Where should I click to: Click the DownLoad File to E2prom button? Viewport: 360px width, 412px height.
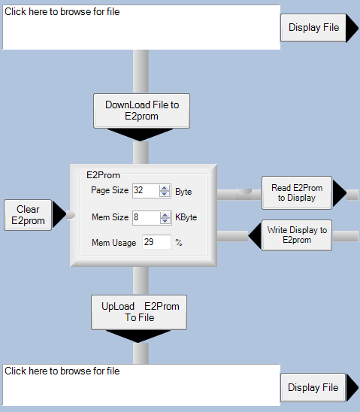click(141, 111)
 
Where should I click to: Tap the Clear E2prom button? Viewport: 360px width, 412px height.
click(28, 215)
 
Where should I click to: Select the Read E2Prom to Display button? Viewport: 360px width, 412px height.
click(297, 193)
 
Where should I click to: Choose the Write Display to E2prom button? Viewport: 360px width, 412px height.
click(297, 235)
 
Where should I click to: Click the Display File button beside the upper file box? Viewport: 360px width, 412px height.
click(313, 28)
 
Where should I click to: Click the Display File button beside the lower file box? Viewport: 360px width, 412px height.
click(313, 387)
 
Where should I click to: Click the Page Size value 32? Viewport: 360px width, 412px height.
click(138, 190)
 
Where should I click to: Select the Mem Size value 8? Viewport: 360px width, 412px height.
click(136, 217)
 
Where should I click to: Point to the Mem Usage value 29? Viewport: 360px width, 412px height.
click(149, 242)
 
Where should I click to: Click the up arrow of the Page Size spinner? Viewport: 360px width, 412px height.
click(165, 188)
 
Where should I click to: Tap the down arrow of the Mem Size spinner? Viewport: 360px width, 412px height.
click(165, 221)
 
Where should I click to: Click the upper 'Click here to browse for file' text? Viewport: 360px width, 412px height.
click(62, 12)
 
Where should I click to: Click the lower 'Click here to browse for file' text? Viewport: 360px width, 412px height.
click(62, 371)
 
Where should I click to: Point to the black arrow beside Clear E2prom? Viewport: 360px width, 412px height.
click(59, 214)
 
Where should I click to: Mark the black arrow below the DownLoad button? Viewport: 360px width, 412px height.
click(141, 135)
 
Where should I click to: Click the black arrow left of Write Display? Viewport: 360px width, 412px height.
click(255, 235)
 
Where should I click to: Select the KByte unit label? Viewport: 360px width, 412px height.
click(186, 217)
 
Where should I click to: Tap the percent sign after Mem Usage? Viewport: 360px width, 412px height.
click(179, 242)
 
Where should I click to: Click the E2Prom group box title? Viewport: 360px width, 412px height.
click(103, 175)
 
